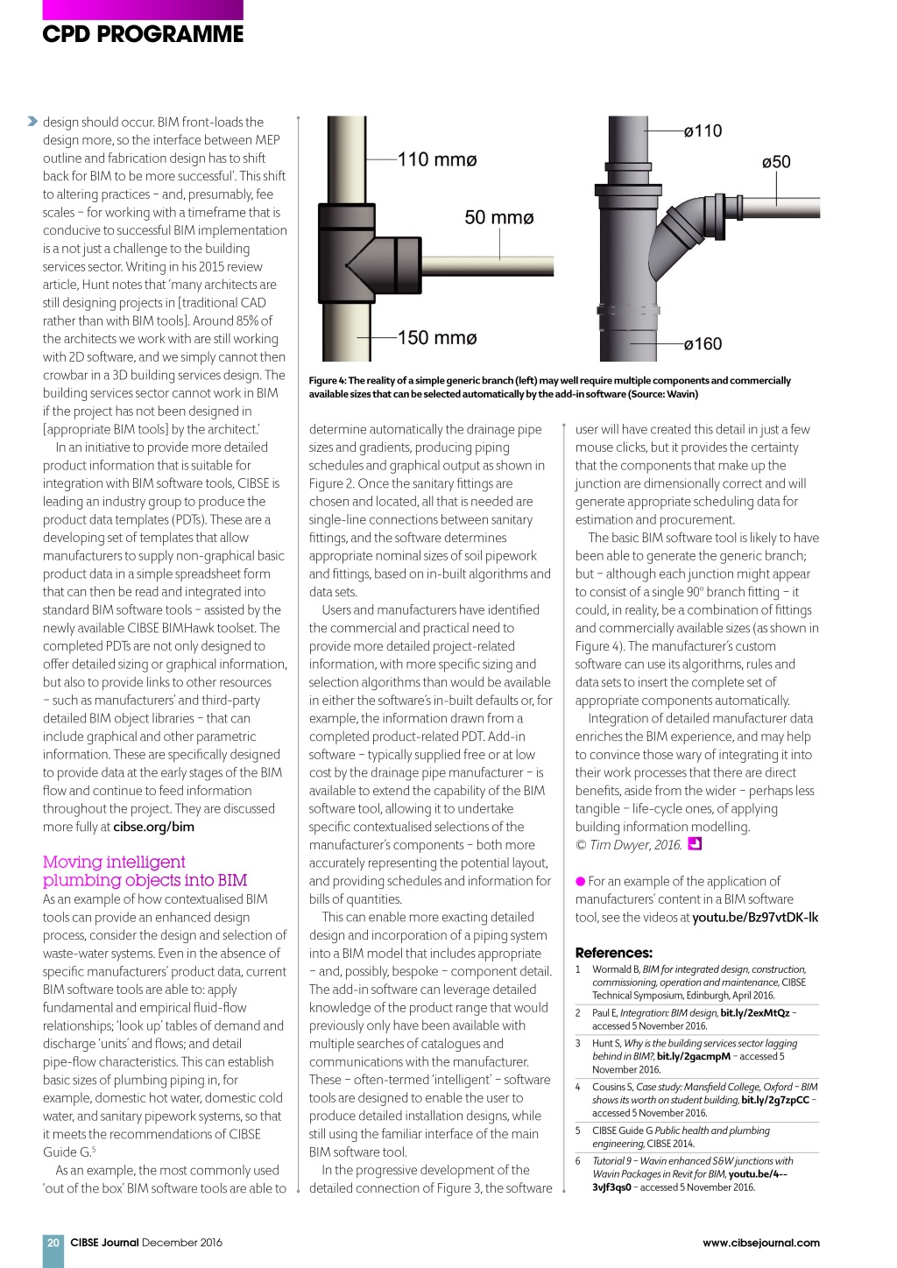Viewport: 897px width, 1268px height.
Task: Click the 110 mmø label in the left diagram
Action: coord(437,159)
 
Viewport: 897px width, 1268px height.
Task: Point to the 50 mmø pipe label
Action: coord(498,217)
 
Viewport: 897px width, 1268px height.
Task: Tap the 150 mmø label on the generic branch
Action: coord(437,337)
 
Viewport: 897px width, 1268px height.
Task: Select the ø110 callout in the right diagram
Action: coord(703,131)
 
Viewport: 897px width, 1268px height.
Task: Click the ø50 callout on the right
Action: coord(775,162)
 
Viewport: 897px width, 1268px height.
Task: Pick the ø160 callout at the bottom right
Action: coord(703,344)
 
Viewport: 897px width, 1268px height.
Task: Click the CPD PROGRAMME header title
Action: coord(143,34)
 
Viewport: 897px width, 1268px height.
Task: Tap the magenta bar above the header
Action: coord(143,10)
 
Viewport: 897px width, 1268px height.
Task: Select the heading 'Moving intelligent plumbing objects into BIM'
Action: coord(145,871)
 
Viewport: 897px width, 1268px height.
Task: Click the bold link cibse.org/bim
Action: coord(153,827)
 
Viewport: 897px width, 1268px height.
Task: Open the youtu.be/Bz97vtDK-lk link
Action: coord(755,917)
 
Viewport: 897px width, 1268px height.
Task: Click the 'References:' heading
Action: coord(613,953)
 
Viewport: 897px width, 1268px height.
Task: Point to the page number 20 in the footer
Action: coord(53,1242)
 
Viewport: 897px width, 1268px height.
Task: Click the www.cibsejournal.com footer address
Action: coord(760,1242)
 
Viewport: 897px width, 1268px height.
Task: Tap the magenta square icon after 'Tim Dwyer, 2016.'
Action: coord(696,844)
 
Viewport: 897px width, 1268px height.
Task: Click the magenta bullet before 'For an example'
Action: coord(580,881)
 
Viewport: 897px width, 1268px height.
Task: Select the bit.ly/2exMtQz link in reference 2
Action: coord(754,1013)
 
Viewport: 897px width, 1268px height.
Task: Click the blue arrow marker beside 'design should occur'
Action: coord(32,121)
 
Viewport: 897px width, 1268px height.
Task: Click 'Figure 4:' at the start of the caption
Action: coord(328,381)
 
